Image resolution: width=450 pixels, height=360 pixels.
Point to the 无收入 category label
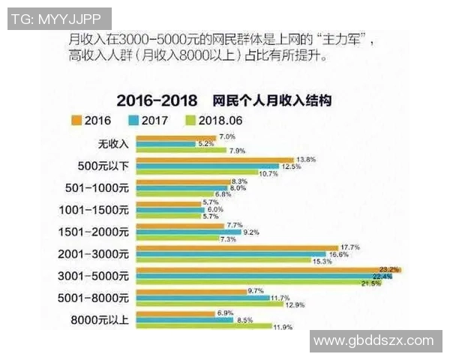[113, 144]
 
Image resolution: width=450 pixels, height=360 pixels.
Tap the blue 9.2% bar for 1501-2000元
[187, 232]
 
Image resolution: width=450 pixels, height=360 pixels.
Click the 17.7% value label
[351, 247]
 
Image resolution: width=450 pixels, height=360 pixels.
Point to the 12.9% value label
[295, 304]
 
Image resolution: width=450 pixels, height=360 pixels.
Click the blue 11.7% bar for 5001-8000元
[202, 298]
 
